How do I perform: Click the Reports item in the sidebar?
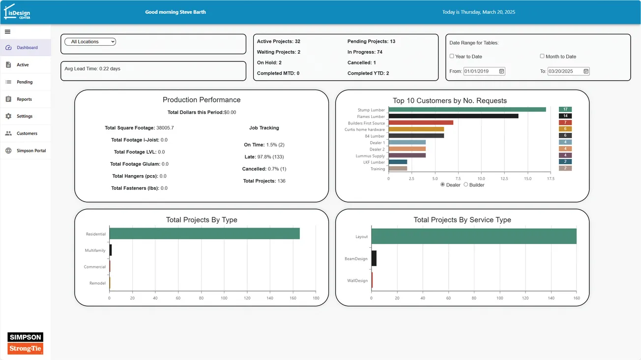click(24, 99)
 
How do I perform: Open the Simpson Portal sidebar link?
click(31, 150)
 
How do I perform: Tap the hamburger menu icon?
click(7, 31)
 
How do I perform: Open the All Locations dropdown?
click(90, 42)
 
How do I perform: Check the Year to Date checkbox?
click(452, 56)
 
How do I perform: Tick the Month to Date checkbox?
click(542, 56)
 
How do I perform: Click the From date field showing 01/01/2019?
click(481, 71)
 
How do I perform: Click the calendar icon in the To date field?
click(586, 71)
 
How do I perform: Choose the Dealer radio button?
click(442, 184)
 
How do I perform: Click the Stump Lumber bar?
click(467, 110)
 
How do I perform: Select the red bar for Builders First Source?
click(421, 122)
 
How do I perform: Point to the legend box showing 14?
click(565, 116)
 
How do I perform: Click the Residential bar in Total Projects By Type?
click(204, 234)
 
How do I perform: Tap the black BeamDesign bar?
click(374, 258)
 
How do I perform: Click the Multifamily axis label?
click(95, 250)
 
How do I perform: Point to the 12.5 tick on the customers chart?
click(504, 179)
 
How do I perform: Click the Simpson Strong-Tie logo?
click(26, 343)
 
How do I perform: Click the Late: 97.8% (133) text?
click(263, 157)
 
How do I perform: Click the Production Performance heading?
click(202, 100)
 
